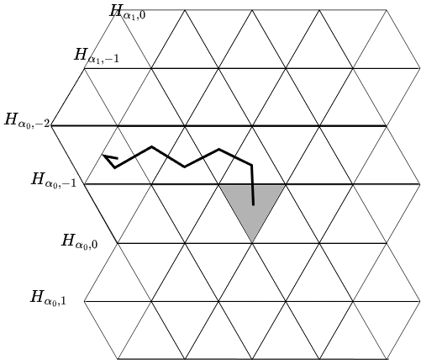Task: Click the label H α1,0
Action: coord(128,13)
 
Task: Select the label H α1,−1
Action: coord(97,56)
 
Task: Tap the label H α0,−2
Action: coord(27,121)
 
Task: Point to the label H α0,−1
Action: coord(54,180)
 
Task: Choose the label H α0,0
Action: coord(80,241)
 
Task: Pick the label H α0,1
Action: coord(48,298)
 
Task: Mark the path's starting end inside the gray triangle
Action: coord(254,205)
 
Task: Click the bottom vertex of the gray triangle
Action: coord(252,242)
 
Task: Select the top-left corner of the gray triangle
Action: coord(219,185)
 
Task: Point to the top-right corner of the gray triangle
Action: coord(286,185)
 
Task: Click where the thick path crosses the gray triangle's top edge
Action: coord(253,184)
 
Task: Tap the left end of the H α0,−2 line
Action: coord(52,126)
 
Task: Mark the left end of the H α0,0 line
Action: coord(118,243)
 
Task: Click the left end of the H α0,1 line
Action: coord(84,302)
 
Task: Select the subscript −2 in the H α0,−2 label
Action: coord(44,124)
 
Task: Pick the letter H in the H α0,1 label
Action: coord(37,296)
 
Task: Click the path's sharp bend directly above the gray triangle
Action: coord(252,165)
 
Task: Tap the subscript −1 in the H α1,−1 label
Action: coord(113,59)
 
